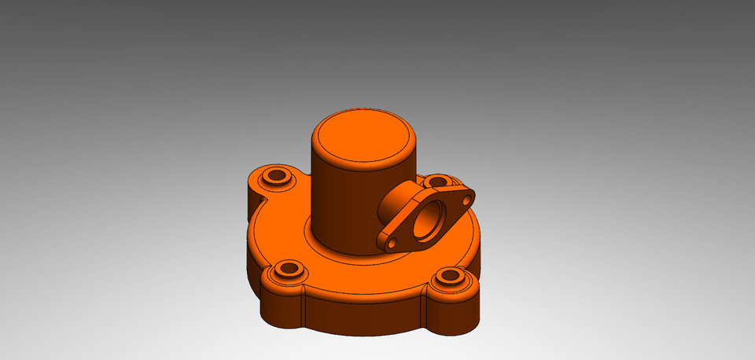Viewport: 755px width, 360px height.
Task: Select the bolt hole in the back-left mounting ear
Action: click(276, 175)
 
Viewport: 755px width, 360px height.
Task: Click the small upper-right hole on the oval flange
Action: click(466, 200)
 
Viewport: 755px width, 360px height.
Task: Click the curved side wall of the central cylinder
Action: click(338, 204)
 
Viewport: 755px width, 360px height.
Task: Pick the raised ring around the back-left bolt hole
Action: click(265, 178)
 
